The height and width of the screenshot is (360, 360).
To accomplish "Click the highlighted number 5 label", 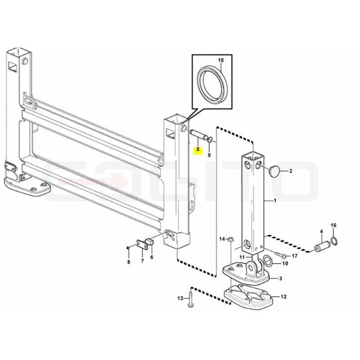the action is [198, 150].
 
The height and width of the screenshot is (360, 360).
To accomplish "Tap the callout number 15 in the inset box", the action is [220, 60].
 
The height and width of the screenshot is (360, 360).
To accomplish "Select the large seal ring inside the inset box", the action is [211, 85].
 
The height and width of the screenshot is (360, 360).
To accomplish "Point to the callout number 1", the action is [275, 201].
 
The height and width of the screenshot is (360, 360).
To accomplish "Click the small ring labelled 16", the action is [334, 241].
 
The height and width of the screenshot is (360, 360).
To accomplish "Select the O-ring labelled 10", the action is [268, 260].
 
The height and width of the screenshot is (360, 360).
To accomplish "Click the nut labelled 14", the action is [229, 240].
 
